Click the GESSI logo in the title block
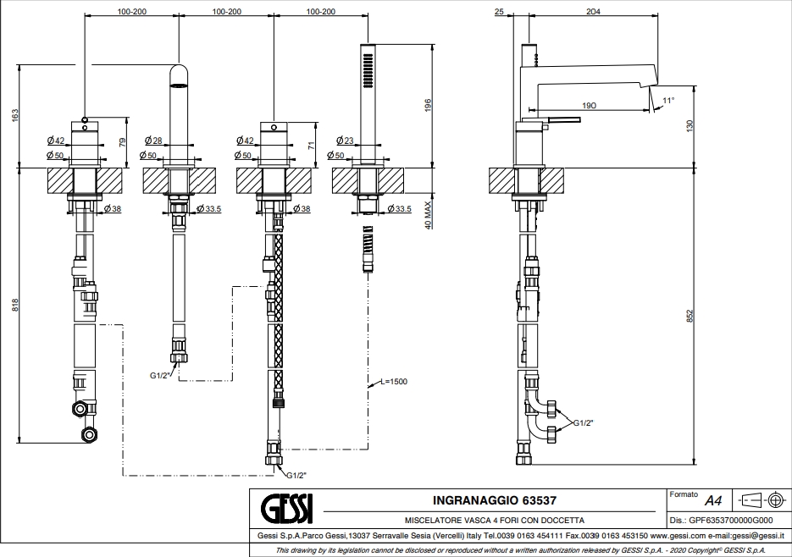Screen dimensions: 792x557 click(286, 509)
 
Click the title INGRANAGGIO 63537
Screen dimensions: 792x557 click(495, 500)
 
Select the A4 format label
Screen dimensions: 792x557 click(713, 501)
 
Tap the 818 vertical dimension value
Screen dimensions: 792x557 click(15, 305)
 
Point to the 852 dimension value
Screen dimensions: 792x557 click(690, 316)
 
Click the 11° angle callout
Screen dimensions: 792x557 click(668, 101)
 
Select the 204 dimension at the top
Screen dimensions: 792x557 click(593, 11)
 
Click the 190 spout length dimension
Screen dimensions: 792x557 click(589, 105)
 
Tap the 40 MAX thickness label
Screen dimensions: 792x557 click(429, 215)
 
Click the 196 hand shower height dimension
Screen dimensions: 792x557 click(429, 105)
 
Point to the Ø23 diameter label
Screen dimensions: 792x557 click(345, 141)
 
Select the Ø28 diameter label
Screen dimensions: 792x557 click(153, 141)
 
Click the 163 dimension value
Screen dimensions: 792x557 click(14, 114)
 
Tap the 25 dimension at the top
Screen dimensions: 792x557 click(499, 11)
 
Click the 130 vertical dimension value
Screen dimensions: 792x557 click(690, 126)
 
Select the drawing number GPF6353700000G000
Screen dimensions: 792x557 click(731, 520)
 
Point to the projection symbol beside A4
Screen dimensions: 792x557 click(762, 500)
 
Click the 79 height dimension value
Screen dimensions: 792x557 click(122, 143)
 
